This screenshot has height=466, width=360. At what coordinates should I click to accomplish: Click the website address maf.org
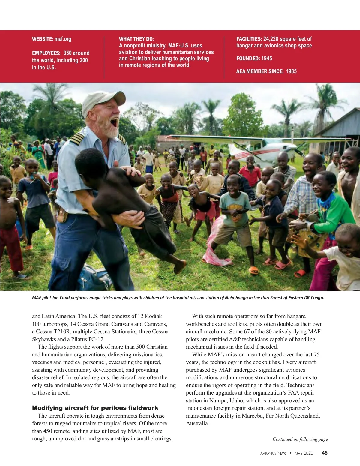[63, 39]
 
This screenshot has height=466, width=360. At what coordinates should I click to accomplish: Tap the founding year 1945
[266, 59]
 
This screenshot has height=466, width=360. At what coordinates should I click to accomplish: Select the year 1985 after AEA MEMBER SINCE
[291, 71]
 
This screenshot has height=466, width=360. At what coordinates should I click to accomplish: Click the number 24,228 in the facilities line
[271, 39]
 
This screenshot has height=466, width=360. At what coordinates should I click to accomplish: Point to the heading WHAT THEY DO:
[136, 39]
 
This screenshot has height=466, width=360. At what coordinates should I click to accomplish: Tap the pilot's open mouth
[114, 122]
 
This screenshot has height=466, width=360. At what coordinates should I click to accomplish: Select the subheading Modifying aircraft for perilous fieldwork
[95, 408]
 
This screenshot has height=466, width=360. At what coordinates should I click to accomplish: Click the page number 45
[325, 453]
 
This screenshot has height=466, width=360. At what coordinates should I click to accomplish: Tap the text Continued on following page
[300, 439]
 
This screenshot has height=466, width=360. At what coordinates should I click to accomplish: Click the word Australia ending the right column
[197, 423]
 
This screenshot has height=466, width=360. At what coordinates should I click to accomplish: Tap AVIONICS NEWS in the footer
[273, 453]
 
